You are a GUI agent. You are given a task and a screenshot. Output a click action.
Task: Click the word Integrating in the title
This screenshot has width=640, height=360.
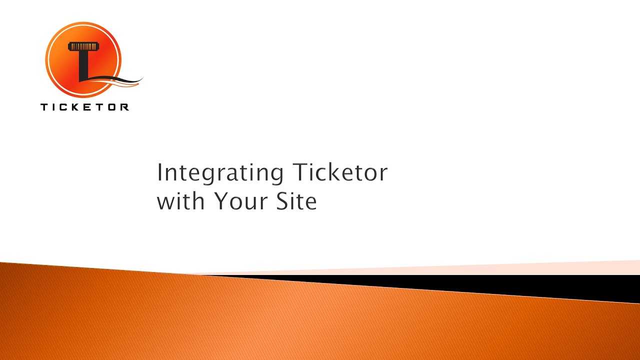coord(220,173)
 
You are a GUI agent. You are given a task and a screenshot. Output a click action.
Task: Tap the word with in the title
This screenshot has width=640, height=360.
coord(181,201)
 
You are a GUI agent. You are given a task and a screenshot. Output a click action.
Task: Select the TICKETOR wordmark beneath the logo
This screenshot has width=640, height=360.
coord(84,106)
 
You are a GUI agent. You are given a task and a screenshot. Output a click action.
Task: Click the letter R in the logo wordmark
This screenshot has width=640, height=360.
coord(124,106)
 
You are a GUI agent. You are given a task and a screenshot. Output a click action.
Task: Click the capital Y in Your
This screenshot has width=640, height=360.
coord(221,201)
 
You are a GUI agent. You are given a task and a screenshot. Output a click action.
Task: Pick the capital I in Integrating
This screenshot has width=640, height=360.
coord(160,173)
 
